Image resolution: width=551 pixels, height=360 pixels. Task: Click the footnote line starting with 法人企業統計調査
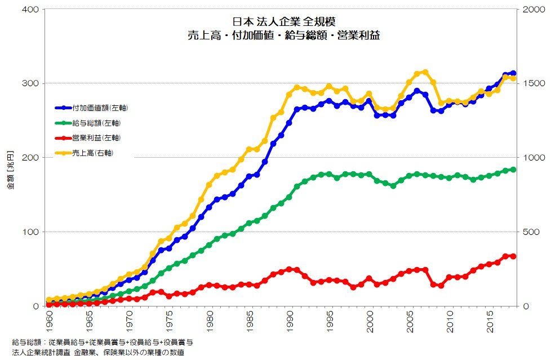tap(97, 353)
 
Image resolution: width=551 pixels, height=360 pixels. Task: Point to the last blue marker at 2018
tap(513, 73)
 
